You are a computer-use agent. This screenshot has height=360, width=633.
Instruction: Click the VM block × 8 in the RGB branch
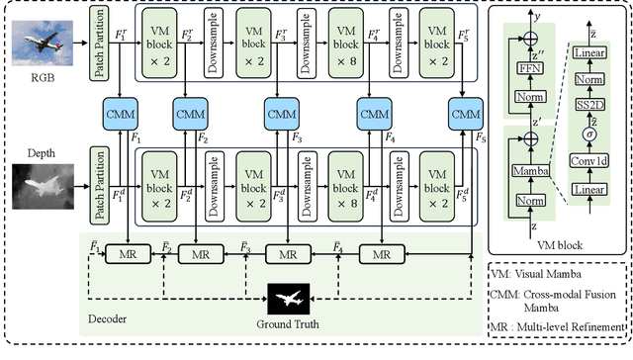[342, 42]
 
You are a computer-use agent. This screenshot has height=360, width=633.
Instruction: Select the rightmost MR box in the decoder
[373, 255]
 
